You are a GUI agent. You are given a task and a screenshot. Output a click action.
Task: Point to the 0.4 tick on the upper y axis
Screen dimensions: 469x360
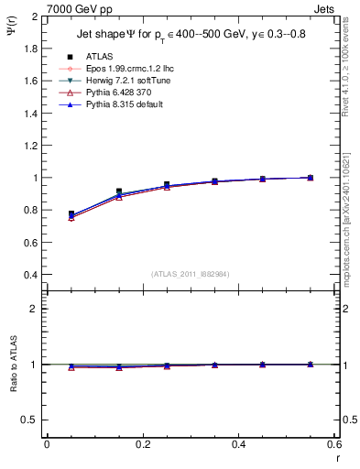click(30, 275)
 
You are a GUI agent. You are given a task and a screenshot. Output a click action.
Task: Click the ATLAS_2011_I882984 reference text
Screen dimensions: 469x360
click(190, 274)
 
